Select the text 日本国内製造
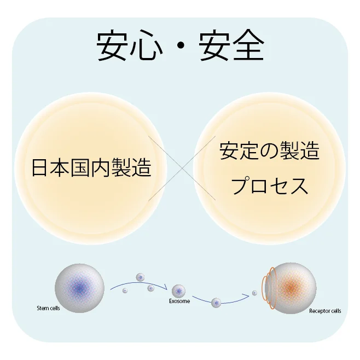click(91, 167)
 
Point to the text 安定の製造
click(269, 151)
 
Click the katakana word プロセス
click(269, 186)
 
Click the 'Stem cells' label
click(48, 309)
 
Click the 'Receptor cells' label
click(324, 311)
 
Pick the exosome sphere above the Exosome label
click(179, 290)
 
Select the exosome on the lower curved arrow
click(216, 302)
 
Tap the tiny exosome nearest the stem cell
click(125, 290)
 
